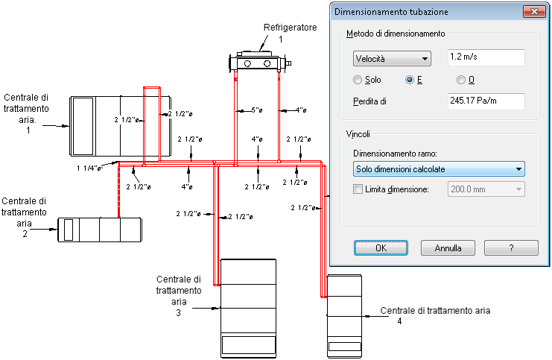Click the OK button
coord(381,248)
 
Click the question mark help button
coord(511,248)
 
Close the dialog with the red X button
coord(534,12)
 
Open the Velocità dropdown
coord(392,58)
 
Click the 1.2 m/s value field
coord(486,57)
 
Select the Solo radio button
coord(358,80)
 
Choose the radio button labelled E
coord(410,80)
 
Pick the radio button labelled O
coord(461,80)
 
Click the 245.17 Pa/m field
coord(486,101)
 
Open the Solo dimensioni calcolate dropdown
coord(439,169)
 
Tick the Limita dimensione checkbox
coord(358,189)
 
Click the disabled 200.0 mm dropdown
coord(486,189)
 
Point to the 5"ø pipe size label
coord(257,110)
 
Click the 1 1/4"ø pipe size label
coord(89,168)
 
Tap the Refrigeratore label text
coord(290,28)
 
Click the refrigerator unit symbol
coord(260,63)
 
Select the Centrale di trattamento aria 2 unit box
coord(100,230)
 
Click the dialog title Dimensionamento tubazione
coord(391,12)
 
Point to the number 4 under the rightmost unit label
coord(399,321)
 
